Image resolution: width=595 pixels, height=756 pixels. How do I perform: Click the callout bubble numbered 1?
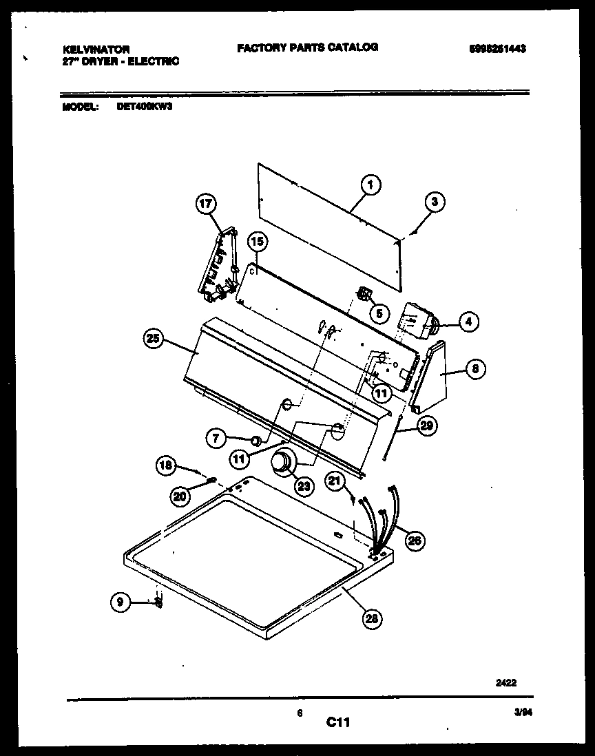click(x=370, y=185)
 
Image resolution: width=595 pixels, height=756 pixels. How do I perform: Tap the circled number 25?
click(x=154, y=339)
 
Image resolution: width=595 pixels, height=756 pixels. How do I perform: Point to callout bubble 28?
click(x=371, y=618)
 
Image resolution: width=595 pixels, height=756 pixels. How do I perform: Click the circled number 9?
click(x=120, y=602)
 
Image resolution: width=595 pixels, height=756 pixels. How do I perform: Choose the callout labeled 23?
click(x=303, y=486)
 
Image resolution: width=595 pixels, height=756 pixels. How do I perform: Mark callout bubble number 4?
click(x=468, y=321)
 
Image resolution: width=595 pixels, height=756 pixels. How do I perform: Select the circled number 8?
click(x=474, y=369)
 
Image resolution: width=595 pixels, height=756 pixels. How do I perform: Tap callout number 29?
click(x=426, y=426)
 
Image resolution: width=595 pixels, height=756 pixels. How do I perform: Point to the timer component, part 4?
click(x=415, y=322)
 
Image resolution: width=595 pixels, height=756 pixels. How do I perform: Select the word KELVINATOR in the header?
click(x=96, y=50)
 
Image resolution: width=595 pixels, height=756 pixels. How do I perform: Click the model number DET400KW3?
click(x=138, y=107)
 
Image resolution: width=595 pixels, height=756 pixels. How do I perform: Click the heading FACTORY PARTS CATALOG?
click(x=307, y=48)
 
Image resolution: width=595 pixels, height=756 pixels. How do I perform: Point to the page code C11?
click(x=338, y=722)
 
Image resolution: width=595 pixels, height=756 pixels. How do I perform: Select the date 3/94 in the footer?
click(x=523, y=715)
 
